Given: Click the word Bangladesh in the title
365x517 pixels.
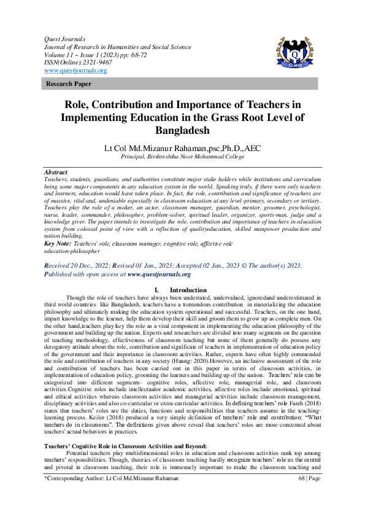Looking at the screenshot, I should coord(182,131).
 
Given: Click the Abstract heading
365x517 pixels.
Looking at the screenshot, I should coord(56,173).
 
